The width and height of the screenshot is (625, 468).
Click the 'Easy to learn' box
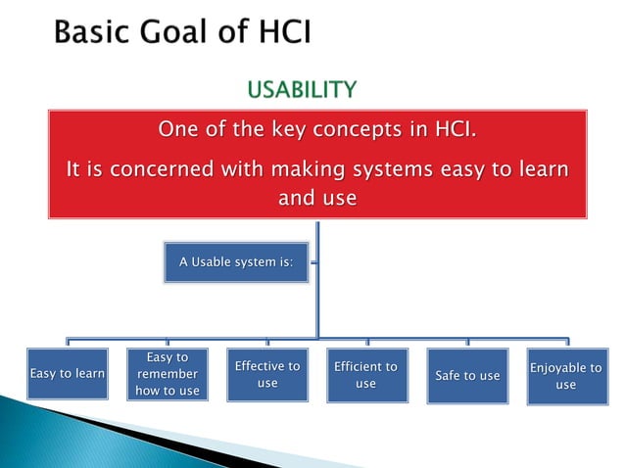(68, 374)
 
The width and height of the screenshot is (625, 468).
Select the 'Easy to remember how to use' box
(168, 374)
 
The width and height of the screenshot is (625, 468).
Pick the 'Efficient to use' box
(365, 375)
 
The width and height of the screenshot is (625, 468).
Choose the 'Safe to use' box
(467, 375)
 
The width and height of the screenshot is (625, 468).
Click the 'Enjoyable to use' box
(565, 375)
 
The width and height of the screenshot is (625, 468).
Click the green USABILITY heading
(301, 91)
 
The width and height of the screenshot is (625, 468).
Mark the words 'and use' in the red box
(317, 199)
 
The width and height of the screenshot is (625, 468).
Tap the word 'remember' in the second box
(168, 374)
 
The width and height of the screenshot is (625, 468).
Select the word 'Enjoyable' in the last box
(565, 367)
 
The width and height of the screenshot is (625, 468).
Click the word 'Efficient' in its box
(365, 367)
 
